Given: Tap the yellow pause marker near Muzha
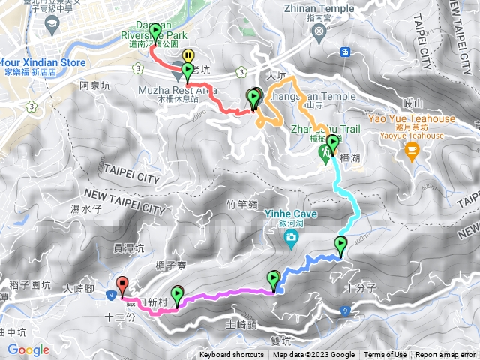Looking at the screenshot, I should [x=188, y=56].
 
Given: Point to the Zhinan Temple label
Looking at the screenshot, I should [x=319, y=10].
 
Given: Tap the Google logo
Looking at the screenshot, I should [x=28, y=349].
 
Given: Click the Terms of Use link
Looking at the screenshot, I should [x=385, y=355].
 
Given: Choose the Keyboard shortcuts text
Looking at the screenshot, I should [x=232, y=355].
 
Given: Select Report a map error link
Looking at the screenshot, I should [x=445, y=355].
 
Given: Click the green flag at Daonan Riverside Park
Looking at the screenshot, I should [x=155, y=32].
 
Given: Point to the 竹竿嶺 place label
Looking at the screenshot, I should [x=241, y=202].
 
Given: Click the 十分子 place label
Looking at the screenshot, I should [x=359, y=286].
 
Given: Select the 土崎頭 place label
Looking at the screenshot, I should [x=241, y=325].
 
